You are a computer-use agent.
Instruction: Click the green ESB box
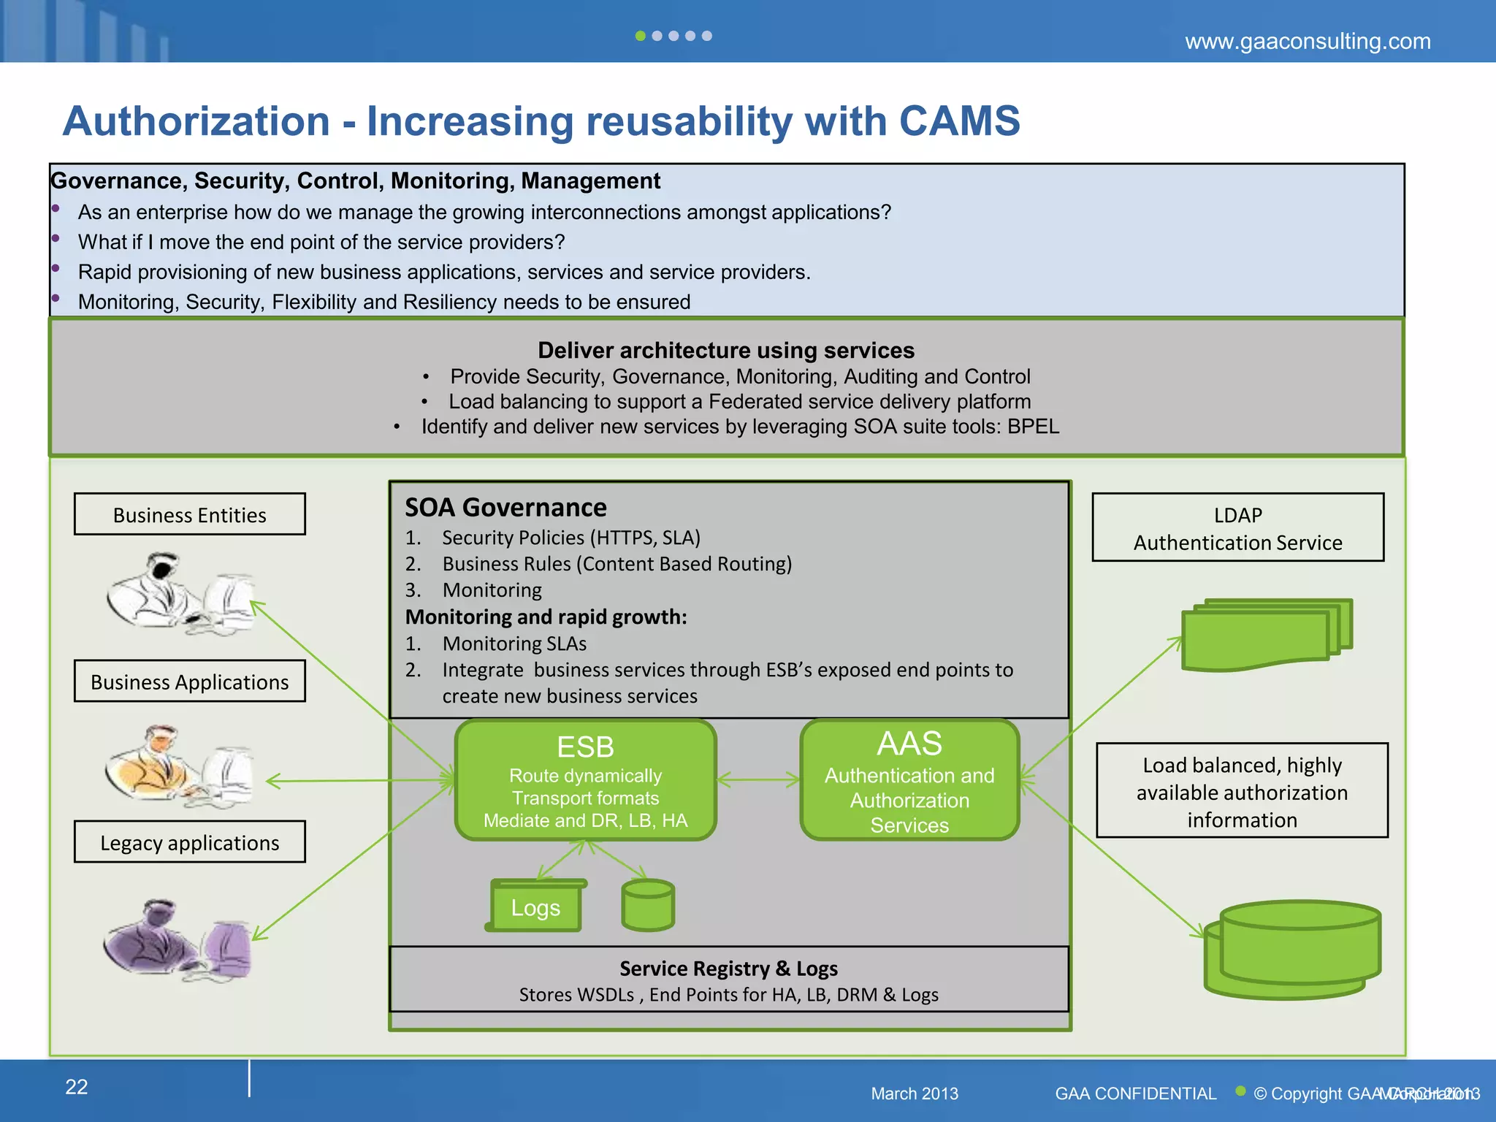tap(585, 779)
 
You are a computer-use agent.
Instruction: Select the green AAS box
tap(909, 779)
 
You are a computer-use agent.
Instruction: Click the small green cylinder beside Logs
tap(648, 905)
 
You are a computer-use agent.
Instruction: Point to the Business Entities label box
tap(190, 514)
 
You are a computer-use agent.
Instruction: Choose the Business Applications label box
tap(190, 681)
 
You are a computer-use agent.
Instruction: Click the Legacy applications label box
tap(190, 841)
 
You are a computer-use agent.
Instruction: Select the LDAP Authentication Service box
tap(1237, 527)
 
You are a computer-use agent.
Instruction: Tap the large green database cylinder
tap(1293, 949)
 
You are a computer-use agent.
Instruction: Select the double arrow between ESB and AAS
tap(758, 780)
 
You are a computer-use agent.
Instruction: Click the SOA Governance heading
tap(505, 507)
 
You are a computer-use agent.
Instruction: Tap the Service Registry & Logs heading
tap(728, 968)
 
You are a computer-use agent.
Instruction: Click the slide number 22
tap(77, 1087)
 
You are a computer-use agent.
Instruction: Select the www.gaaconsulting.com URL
tap(1308, 41)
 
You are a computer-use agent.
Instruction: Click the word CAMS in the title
tap(959, 121)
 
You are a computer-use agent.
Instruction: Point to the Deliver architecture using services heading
tap(726, 350)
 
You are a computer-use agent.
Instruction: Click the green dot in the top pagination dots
tap(640, 36)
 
